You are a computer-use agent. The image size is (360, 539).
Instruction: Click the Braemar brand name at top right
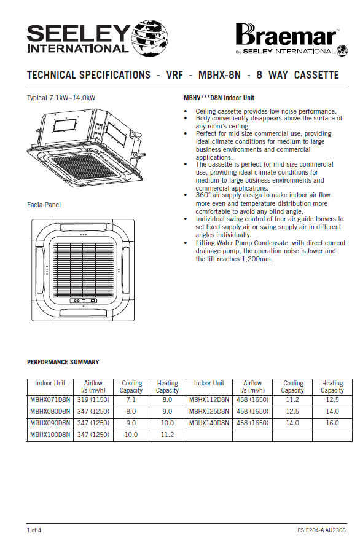(286, 36)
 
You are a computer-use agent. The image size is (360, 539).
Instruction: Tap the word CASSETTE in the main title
(316, 75)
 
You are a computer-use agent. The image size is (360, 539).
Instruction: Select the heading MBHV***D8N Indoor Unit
(219, 98)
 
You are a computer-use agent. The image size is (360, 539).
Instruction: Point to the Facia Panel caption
(44, 205)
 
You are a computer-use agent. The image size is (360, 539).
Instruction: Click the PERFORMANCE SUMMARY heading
(63, 362)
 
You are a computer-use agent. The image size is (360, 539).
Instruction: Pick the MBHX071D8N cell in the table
(50, 399)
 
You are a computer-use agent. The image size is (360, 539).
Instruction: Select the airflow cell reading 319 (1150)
(93, 399)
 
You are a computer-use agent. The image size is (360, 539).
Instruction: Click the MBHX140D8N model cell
(209, 423)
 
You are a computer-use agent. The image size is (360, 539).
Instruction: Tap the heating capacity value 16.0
(332, 423)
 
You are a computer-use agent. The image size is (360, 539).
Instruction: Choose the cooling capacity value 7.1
(131, 399)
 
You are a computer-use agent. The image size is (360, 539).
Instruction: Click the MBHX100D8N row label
(50, 435)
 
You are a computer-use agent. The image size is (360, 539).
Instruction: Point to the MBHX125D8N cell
(209, 411)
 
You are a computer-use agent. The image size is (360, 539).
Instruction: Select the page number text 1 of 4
(34, 530)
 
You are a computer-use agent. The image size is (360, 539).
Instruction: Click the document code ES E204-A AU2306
(321, 530)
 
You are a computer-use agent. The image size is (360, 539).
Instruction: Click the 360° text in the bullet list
(203, 195)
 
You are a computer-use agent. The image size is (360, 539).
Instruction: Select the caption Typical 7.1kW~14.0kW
(61, 98)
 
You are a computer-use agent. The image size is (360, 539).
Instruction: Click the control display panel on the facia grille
(84, 301)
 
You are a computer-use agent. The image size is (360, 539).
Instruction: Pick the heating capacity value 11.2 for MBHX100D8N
(167, 435)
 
